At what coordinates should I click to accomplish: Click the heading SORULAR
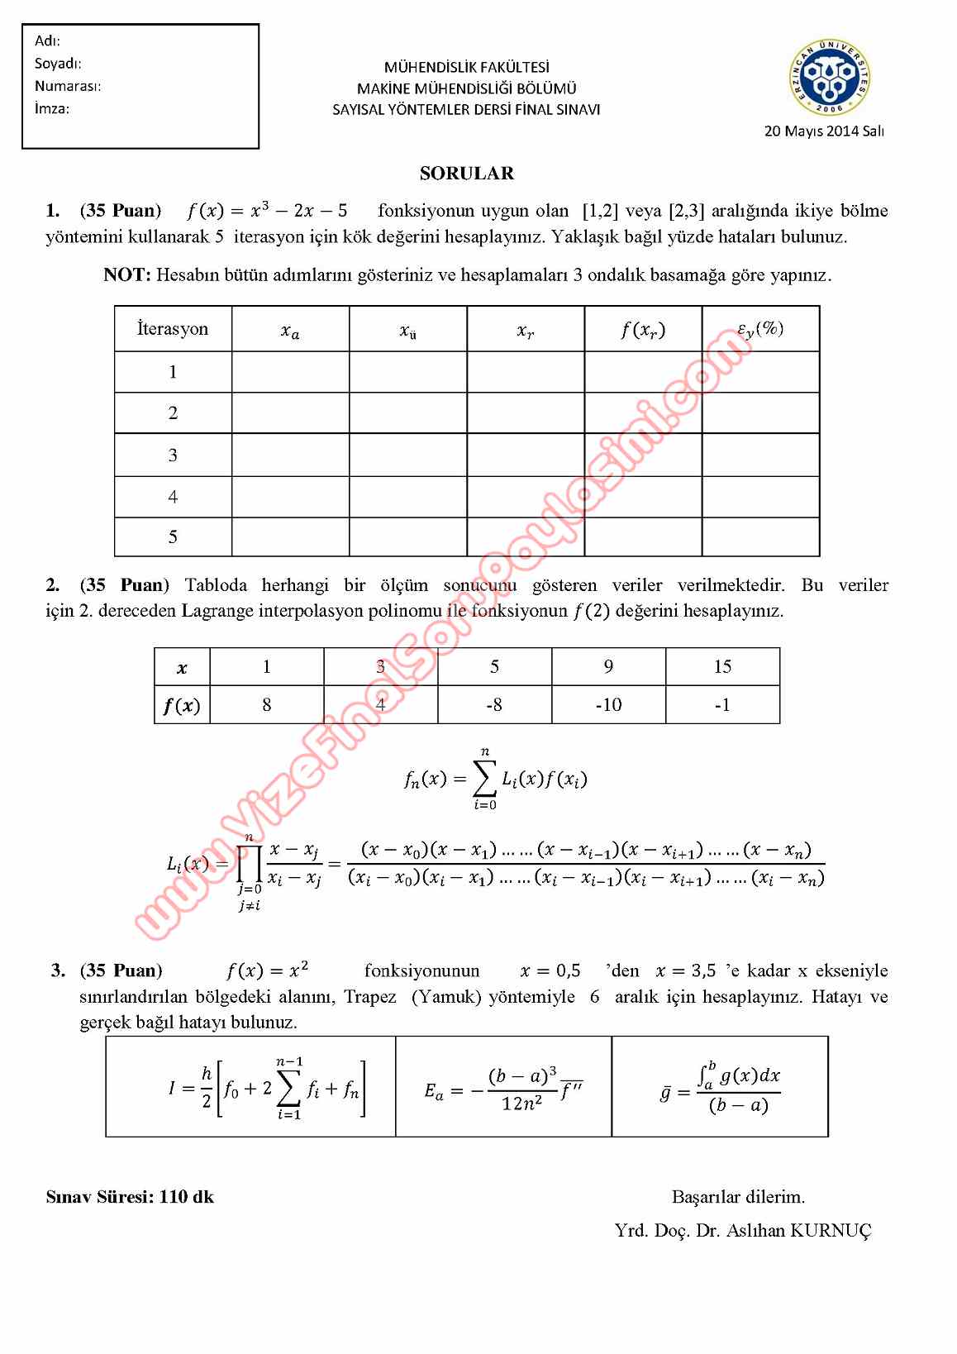coord(466,174)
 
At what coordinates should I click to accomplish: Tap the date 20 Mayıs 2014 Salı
coord(824,131)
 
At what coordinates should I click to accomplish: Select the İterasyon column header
coord(173,329)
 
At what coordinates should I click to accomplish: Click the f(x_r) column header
coord(642,330)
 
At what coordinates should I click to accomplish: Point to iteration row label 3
coord(173,455)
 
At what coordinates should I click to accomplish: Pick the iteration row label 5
coord(173,537)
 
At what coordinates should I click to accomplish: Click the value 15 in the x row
coord(721,666)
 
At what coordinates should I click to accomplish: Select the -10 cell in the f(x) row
coord(608,705)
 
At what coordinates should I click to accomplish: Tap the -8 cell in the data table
coord(494,705)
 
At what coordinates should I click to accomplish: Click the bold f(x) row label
coord(182,706)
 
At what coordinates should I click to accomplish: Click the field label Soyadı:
coord(58,64)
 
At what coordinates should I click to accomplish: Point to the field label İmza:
coord(52,108)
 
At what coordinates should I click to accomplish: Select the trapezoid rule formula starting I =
coord(266,1088)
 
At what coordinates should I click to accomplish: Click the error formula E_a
coord(504,1089)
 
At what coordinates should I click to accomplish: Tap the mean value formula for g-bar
coord(720,1088)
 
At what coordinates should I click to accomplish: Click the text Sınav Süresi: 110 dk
coord(130,1197)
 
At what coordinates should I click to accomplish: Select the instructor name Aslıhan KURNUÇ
coord(798,1231)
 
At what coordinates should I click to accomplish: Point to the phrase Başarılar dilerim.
coord(738,1197)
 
